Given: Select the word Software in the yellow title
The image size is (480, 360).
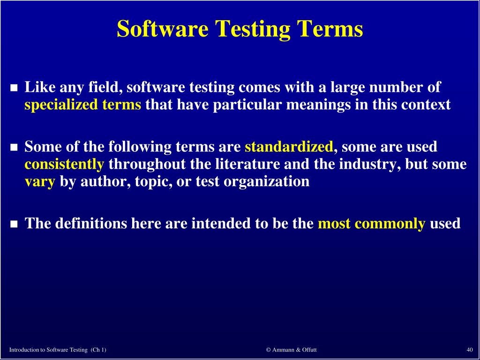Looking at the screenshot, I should click(x=163, y=29).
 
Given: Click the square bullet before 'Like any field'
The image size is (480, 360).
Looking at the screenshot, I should click(x=14, y=88).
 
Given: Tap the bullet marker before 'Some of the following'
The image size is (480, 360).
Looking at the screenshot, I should click(x=14, y=148).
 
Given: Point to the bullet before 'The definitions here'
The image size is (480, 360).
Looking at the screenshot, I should click(x=14, y=224).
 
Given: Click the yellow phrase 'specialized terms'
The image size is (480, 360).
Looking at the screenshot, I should click(x=82, y=105).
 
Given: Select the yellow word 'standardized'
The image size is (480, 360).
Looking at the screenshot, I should click(x=289, y=147).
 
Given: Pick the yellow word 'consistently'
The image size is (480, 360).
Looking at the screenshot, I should click(x=64, y=165).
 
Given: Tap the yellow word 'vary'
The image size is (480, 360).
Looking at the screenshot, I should click(x=40, y=182).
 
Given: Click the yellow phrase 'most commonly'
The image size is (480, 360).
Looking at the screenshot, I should click(x=371, y=224).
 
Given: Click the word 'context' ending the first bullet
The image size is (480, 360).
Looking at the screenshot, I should click(x=426, y=105).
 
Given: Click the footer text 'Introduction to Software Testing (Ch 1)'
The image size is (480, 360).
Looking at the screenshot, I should click(x=58, y=350).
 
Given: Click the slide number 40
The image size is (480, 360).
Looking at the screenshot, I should click(x=469, y=350).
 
